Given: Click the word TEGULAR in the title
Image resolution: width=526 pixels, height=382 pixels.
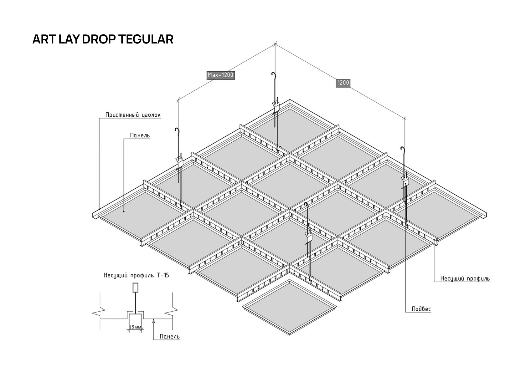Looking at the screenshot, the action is [146, 39].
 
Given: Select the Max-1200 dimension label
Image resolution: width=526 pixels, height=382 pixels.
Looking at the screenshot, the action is [220, 75].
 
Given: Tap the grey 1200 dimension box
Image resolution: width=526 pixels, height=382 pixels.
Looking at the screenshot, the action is [343, 83].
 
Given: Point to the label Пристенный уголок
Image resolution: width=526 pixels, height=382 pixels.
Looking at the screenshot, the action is [133, 115].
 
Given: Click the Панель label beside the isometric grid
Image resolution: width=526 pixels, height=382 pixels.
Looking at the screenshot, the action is [140, 135].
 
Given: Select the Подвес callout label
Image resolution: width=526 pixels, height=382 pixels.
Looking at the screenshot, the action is [421, 309].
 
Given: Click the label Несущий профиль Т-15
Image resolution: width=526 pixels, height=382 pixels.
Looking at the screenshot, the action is [136, 275].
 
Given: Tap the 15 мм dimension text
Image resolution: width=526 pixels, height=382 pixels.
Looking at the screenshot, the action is [135, 327].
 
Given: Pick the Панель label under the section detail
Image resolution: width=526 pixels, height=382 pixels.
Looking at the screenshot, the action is [170, 337].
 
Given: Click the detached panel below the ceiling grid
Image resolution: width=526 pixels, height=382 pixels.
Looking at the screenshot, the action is [289, 307].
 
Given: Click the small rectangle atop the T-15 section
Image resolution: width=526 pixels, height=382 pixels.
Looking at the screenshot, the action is [135, 288].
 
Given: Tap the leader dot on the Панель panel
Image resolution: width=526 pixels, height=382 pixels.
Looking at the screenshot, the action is [124, 211].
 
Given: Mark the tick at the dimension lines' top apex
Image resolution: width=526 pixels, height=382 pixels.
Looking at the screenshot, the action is [275, 43].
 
